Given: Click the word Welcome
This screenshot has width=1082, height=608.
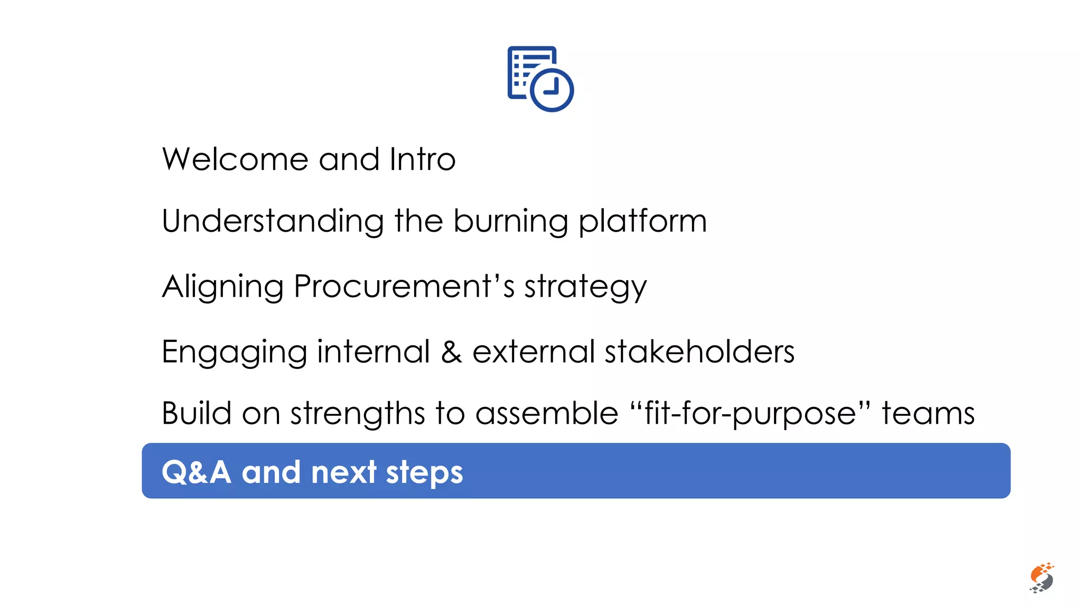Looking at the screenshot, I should (235, 159).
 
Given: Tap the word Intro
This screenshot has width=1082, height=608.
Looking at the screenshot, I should (422, 159).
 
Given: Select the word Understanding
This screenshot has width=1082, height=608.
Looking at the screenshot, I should (273, 222).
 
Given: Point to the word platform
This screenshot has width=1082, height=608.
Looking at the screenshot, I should (642, 222).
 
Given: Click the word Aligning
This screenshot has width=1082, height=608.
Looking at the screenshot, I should (222, 288).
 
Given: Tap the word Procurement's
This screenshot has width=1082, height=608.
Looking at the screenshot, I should (404, 287).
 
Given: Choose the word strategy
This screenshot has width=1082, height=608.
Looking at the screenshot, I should (585, 288).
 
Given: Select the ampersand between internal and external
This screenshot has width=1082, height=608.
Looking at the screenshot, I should (451, 352).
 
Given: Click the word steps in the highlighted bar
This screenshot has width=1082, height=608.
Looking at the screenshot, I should (424, 473).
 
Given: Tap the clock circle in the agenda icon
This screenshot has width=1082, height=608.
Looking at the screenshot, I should (552, 89).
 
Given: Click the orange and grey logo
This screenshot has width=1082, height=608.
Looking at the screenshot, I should (1041, 577).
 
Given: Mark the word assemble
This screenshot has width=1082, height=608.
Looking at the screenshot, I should (547, 413).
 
